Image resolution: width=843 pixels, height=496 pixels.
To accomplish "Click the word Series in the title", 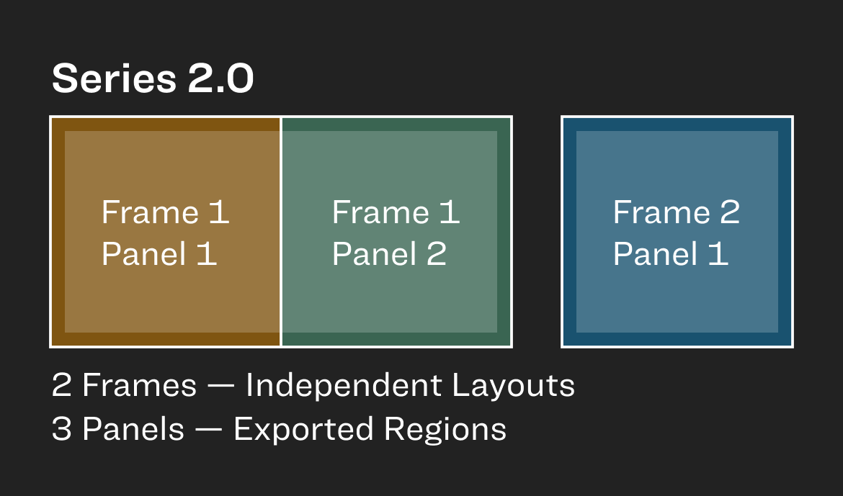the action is click(x=114, y=78).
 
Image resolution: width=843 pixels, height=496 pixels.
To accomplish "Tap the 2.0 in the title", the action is click(x=221, y=78).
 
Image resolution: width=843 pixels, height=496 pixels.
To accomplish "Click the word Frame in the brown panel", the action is click(x=151, y=212).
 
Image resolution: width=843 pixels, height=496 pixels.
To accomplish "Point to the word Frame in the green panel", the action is click(x=380, y=212).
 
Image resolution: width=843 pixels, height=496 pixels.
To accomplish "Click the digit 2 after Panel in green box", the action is click(x=437, y=253).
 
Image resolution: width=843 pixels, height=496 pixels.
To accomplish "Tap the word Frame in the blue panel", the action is click(x=662, y=212).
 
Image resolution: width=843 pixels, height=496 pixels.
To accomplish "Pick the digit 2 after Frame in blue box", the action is click(x=730, y=212).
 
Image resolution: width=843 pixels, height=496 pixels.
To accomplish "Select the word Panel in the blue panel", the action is click(x=656, y=253).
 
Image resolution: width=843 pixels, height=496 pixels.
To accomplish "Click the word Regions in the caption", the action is click(x=445, y=430).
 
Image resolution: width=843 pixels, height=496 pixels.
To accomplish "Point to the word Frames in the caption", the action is click(x=139, y=386).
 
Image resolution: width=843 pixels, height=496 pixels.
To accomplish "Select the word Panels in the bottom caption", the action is click(x=133, y=429).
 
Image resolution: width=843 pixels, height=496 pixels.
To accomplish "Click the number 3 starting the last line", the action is click(x=62, y=429).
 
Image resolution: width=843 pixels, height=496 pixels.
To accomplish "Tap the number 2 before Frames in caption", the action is click(x=62, y=386).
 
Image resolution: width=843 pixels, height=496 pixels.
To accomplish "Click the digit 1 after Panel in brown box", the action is click(x=207, y=253).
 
